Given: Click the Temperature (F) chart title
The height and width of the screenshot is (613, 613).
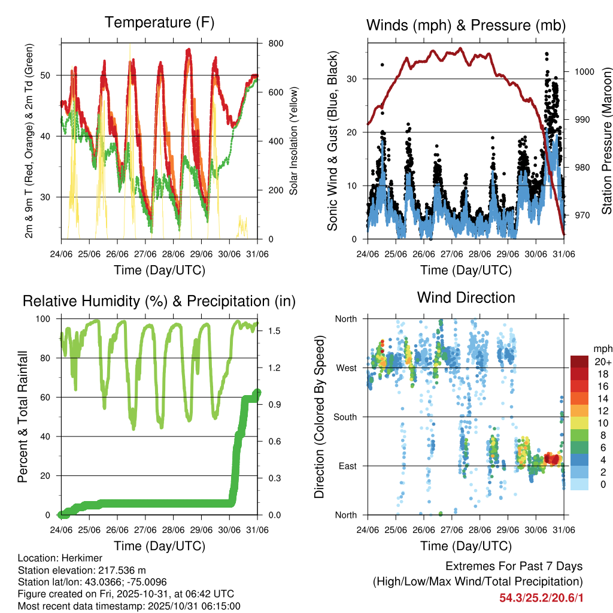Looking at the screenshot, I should click(159, 23).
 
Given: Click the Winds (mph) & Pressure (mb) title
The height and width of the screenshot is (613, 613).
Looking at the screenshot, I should click(466, 25).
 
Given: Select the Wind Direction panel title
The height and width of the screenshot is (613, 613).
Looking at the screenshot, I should click(466, 298).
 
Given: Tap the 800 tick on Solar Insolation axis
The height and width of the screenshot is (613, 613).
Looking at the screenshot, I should click(276, 44).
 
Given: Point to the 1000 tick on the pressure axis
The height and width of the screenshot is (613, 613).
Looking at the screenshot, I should click(584, 71).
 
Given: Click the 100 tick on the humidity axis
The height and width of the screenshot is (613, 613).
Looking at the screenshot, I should click(47, 319).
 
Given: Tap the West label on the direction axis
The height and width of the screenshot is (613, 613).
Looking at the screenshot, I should click(346, 368).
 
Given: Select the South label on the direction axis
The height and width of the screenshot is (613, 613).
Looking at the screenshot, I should click(345, 417).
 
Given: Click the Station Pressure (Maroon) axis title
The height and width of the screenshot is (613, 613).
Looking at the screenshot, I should click(606, 141).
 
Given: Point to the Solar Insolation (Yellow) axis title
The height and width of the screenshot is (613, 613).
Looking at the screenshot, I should click(294, 141).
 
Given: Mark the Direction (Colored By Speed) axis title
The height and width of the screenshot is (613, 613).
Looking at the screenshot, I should click(319, 417).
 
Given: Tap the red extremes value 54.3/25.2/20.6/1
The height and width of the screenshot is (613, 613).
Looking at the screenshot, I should click(541, 597).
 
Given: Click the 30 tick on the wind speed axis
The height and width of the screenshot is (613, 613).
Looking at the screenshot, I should click(353, 79).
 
